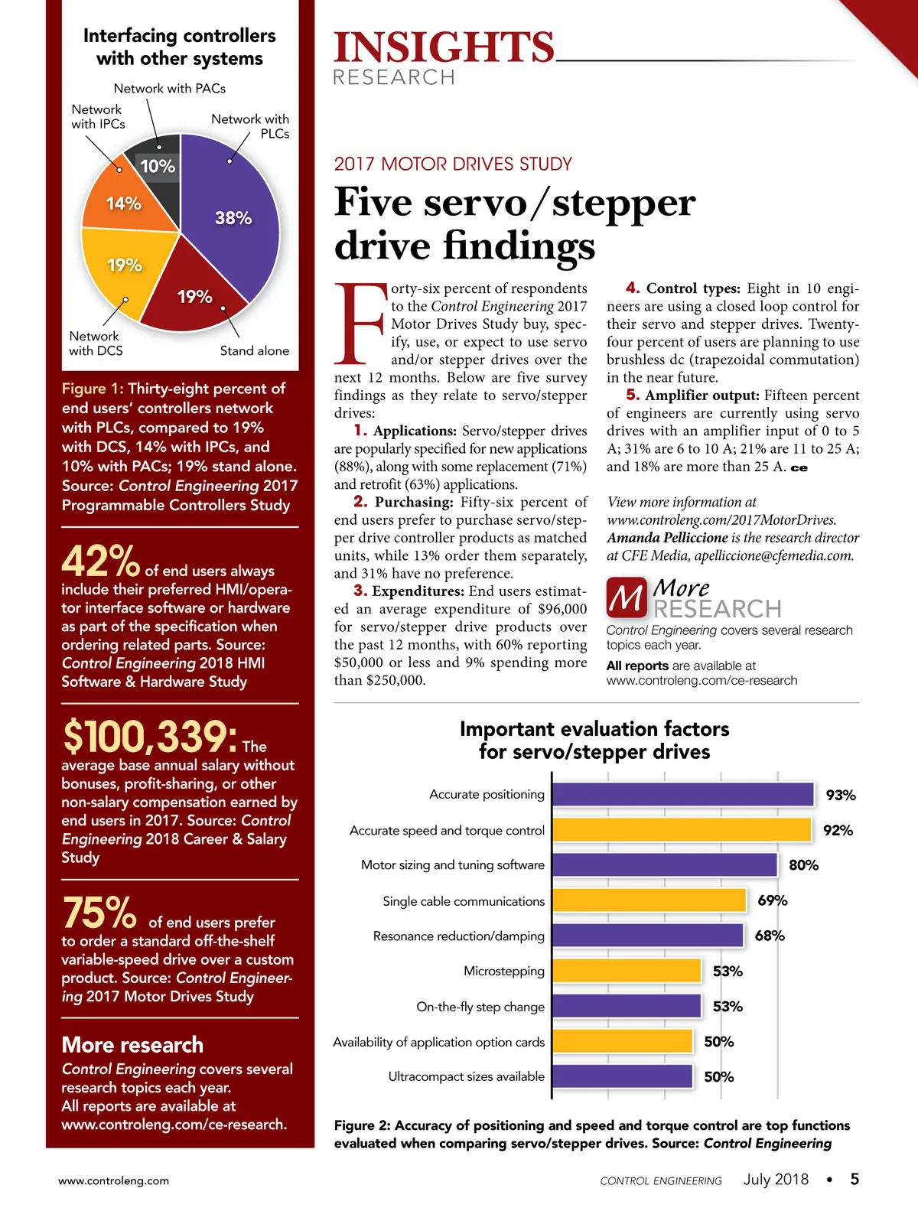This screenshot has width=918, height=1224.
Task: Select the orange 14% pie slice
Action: coord(126,203)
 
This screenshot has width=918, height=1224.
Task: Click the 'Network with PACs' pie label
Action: coord(170,89)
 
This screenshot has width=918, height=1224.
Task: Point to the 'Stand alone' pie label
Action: coord(255,351)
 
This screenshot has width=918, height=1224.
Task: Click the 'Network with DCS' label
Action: coord(96,343)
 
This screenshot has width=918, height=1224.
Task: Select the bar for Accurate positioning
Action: coord(682,795)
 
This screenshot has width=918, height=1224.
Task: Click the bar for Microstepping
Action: coord(627,971)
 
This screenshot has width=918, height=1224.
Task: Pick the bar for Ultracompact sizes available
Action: coord(622,1076)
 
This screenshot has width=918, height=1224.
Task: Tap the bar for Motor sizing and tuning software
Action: coord(664,865)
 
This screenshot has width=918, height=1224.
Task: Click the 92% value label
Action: coord(838,831)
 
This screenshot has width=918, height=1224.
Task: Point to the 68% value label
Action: coord(770,936)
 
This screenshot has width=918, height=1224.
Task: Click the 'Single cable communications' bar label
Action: coord(464,901)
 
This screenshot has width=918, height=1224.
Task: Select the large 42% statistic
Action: coord(100,562)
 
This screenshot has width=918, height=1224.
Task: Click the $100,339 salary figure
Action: coord(150,737)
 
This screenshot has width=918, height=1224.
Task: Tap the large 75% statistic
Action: coord(99,913)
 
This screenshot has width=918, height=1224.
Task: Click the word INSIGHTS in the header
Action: coord(444,47)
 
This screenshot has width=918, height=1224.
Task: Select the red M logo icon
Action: coord(626,598)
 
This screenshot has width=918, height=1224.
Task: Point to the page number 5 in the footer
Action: coord(855,1179)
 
